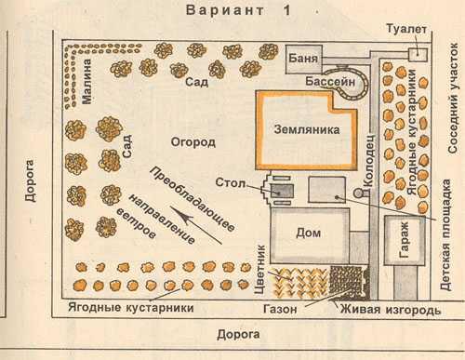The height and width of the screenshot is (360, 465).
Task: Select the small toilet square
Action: (x=418, y=54)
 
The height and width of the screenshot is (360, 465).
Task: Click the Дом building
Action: (x=309, y=233)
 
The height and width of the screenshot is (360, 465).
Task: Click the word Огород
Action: (x=193, y=141)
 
